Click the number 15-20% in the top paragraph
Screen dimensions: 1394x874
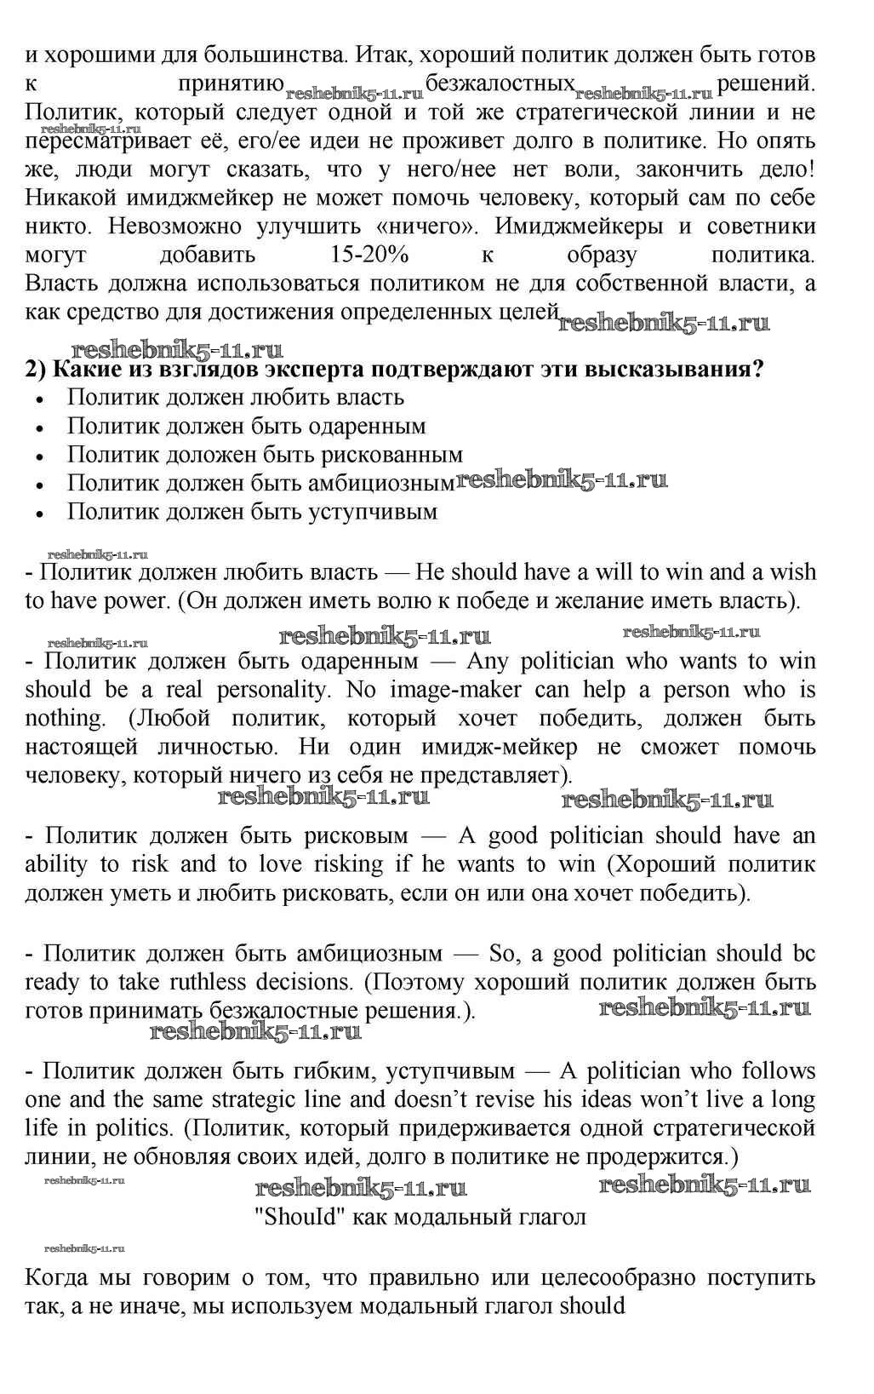[368, 255]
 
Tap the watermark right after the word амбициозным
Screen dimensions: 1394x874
[562, 480]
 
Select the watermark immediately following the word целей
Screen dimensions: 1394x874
[664, 323]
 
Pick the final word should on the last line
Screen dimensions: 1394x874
[592, 1305]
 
